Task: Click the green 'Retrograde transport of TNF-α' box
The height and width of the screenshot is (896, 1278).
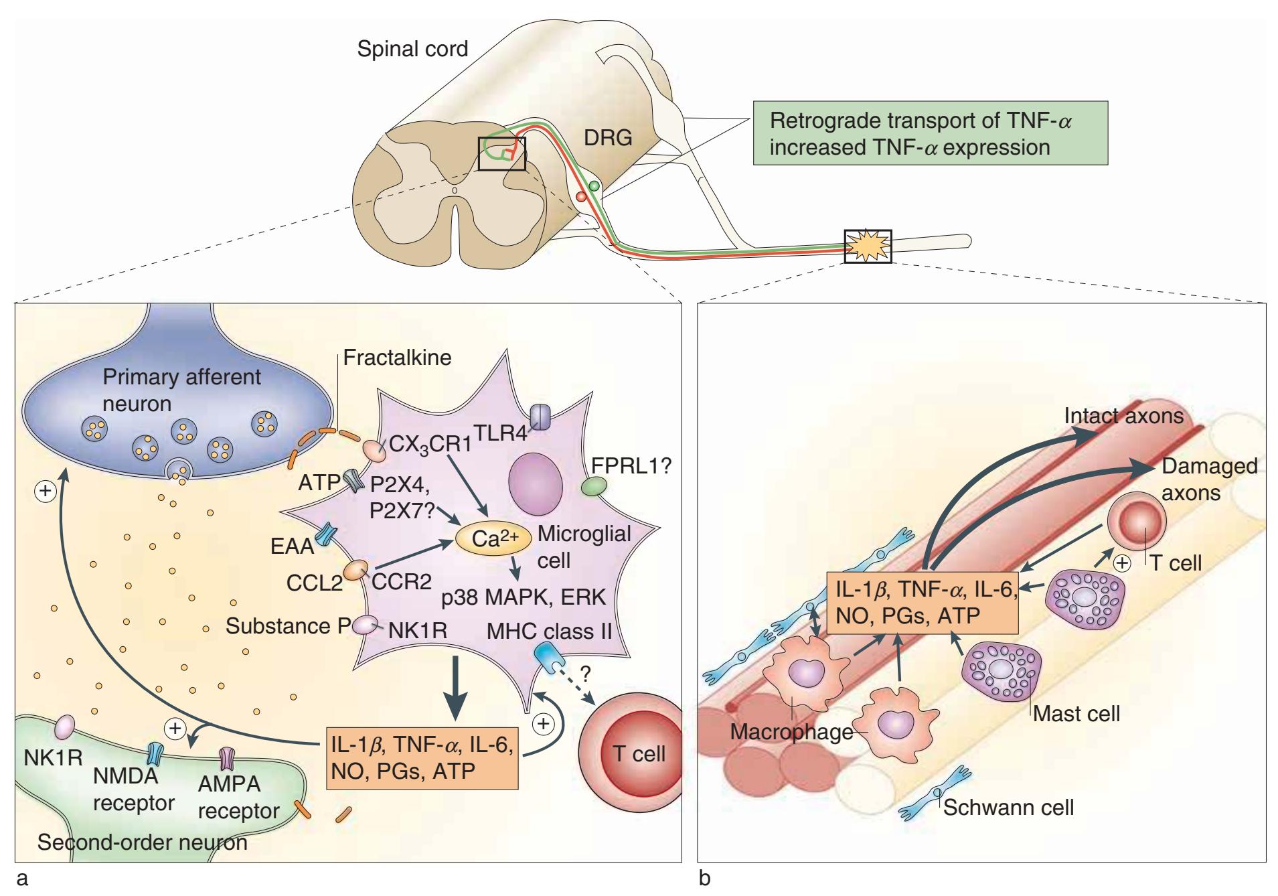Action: point(930,133)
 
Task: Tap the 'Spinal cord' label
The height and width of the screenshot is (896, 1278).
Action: point(412,49)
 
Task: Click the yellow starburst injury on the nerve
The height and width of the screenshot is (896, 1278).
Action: point(868,246)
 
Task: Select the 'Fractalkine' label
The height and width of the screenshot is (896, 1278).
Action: point(397,357)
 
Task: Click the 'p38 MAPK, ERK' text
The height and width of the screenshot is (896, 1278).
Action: point(523,597)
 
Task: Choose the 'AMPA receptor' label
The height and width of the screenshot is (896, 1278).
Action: point(238,798)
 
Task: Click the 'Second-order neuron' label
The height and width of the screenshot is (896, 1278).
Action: point(142,842)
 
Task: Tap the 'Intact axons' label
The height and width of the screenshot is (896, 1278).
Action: point(1123,416)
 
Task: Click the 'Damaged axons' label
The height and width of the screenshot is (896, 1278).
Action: point(1209,479)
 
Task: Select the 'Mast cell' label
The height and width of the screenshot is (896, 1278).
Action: point(1076,713)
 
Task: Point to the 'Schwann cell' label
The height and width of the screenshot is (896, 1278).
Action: point(1008,807)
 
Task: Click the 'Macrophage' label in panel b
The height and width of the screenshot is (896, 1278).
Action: point(791,732)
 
